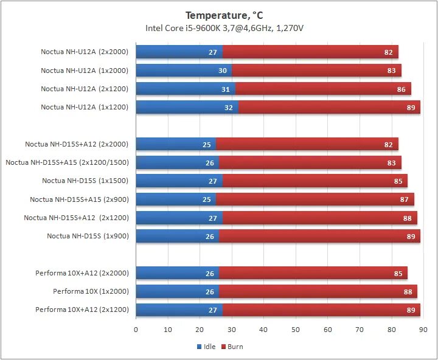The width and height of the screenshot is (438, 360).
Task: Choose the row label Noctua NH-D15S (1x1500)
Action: click(x=85, y=181)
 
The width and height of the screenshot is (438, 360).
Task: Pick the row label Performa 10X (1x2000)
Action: click(x=91, y=291)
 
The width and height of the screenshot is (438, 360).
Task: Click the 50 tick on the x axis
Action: click(x=296, y=329)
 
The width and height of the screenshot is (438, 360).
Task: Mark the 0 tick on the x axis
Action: click(x=136, y=329)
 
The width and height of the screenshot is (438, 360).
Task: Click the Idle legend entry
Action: click(x=207, y=347)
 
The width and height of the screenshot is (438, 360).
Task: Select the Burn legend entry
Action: click(x=232, y=347)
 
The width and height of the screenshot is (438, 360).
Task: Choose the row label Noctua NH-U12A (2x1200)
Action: click(x=85, y=89)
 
